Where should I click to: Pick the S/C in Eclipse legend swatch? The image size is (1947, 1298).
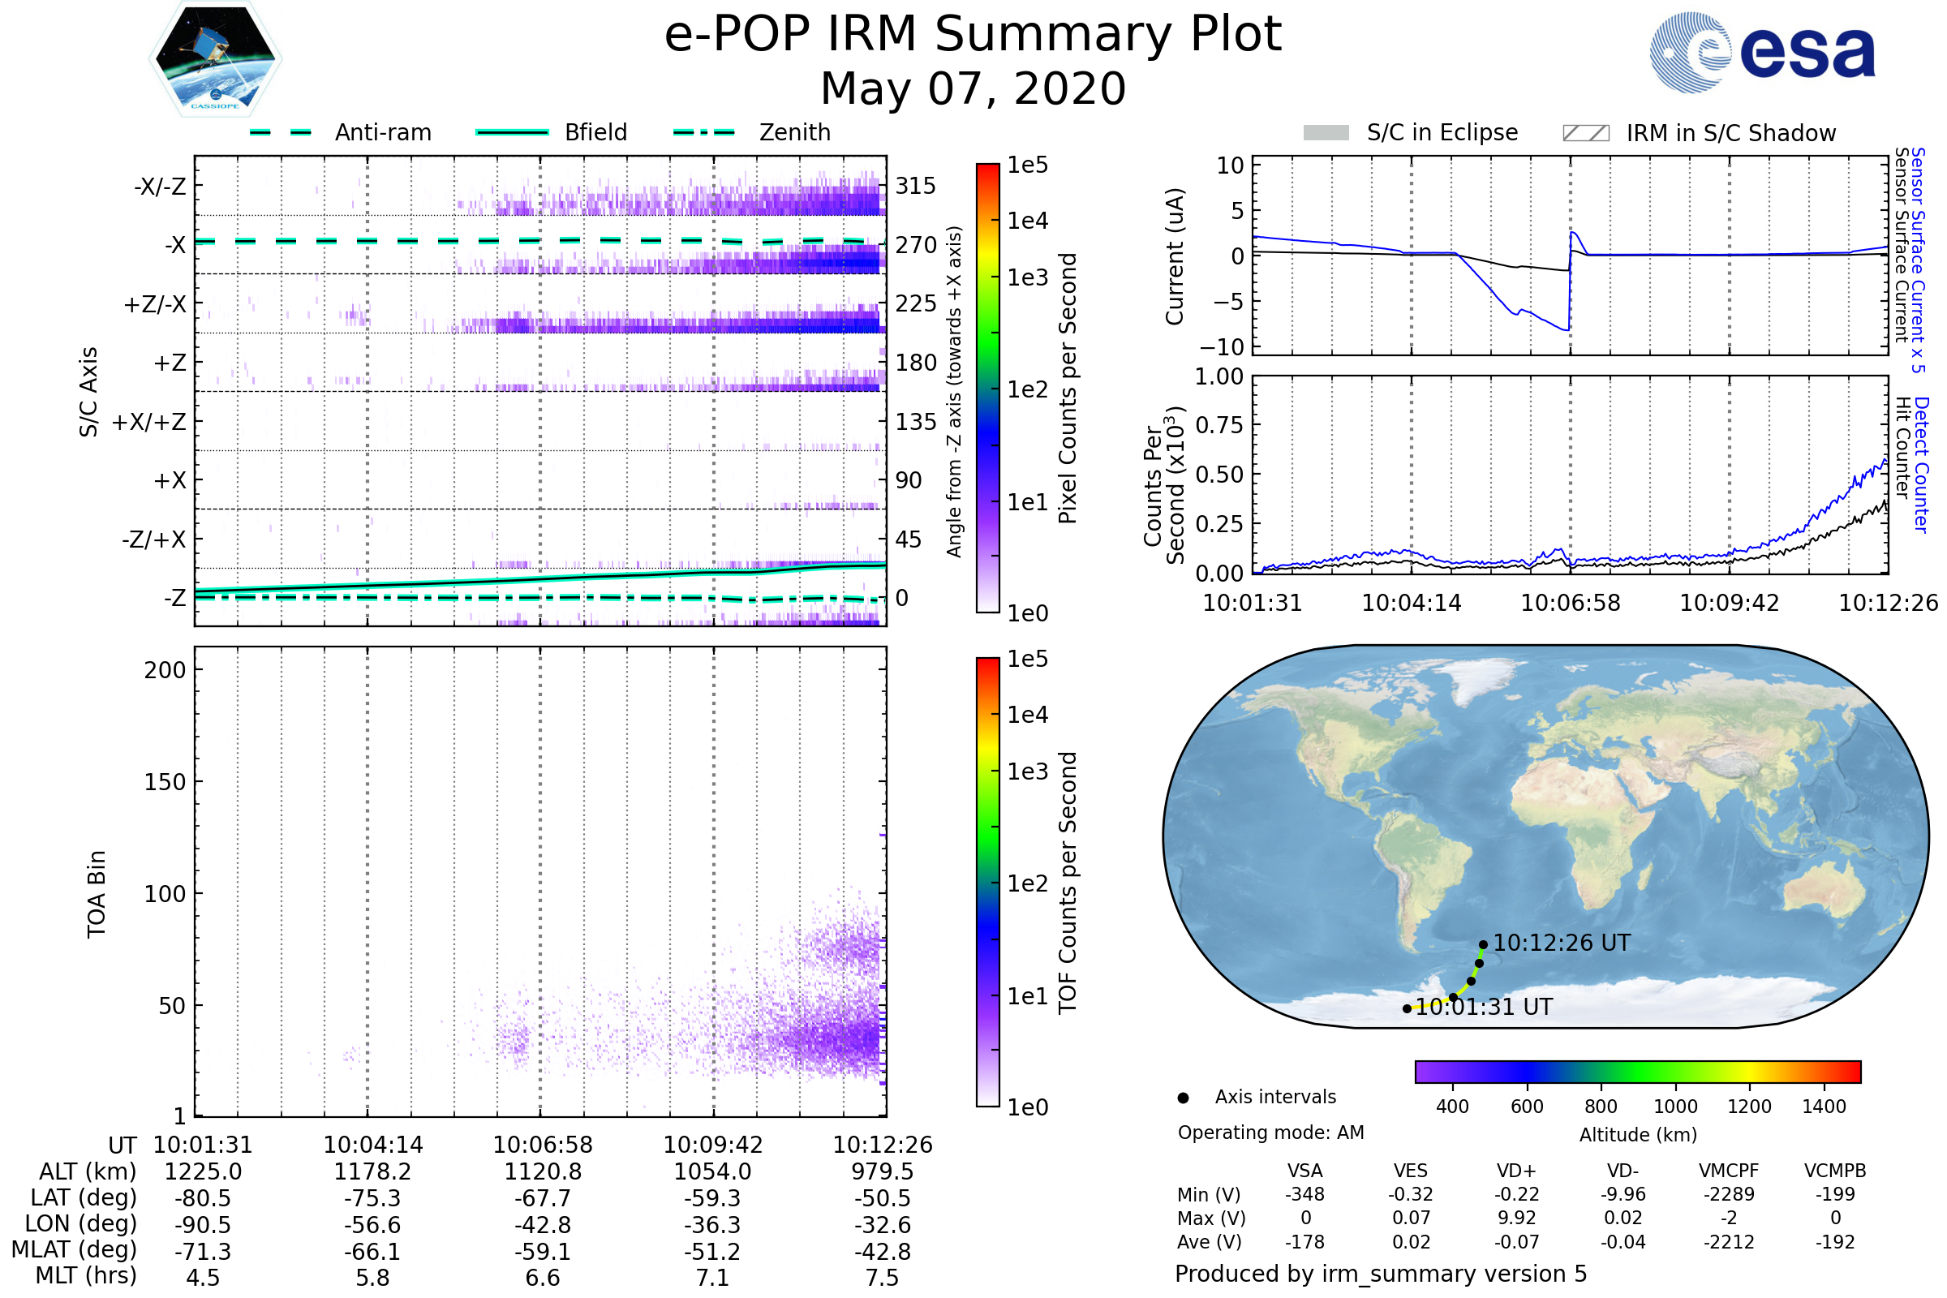(x=1326, y=133)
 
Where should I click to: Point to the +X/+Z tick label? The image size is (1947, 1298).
(x=149, y=422)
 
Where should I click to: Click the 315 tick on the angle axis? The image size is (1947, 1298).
(x=916, y=186)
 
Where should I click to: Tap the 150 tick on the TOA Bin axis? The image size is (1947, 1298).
(x=165, y=782)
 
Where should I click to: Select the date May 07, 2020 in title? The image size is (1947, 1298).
(x=973, y=88)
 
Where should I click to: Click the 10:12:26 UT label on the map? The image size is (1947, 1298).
(x=1561, y=943)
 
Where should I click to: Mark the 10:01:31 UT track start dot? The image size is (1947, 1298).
(x=1407, y=1009)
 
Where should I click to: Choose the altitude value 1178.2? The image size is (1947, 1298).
(x=372, y=1172)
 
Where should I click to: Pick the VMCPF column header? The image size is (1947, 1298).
(x=1729, y=1171)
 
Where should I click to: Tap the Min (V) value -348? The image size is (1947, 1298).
(x=1304, y=1194)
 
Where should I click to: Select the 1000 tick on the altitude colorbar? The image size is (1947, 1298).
(x=1674, y=1107)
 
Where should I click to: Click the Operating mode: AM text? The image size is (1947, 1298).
(x=1270, y=1133)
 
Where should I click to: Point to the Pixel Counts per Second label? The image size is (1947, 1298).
(x=1068, y=388)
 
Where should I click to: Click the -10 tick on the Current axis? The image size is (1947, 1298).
(x=1222, y=347)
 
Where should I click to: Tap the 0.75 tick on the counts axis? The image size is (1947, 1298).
(x=1219, y=425)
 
